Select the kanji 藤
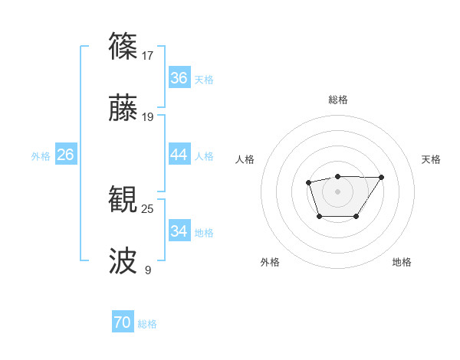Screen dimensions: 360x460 124,108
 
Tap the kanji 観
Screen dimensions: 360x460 124,198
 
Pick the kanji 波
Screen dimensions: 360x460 124,260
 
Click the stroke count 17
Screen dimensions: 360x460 148,56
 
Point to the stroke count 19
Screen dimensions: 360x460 148,117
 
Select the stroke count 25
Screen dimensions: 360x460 148,208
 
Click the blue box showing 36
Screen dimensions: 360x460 179,78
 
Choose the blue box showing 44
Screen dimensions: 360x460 179,155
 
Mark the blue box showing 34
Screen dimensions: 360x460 179,231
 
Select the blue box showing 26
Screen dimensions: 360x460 65,155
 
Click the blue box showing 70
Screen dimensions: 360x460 122,323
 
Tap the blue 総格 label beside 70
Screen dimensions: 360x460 147,324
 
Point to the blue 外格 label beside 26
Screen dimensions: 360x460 41,155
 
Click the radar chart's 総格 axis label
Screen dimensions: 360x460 337,100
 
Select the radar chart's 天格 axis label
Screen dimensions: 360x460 431,159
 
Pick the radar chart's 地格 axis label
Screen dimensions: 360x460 402,262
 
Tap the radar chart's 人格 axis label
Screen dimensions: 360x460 245,159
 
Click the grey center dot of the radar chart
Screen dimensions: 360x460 337,191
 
